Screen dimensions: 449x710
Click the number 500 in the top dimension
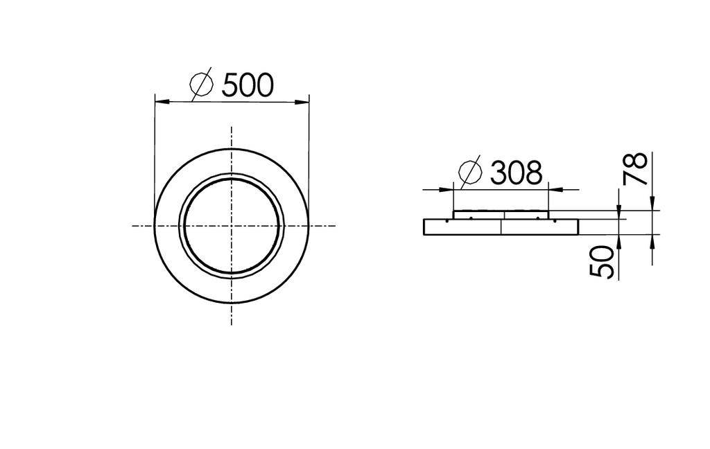coord(248,85)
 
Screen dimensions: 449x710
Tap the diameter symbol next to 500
coord(201,85)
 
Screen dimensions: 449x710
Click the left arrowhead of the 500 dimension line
coord(161,102)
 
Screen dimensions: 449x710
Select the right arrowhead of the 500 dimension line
coord(302,102)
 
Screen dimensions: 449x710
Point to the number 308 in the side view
coord(516,173)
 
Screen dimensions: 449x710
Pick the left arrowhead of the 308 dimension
coord(447,188)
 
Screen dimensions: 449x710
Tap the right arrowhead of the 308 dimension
coord(555,188)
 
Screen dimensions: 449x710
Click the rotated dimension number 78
coord(636,168)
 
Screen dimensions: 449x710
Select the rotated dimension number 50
coord(603,262)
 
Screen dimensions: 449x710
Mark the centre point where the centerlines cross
coord(231,225)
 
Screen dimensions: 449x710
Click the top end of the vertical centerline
coord(231,127)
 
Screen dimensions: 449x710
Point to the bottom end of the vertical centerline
coord(231,324)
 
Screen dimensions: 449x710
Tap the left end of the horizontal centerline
coord(133,225)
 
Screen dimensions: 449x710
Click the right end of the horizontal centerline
coord(335,225)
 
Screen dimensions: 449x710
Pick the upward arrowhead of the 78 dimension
coord(652,240)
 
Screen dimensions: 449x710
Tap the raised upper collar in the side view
coord(501,215)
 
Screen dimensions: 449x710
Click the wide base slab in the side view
coord(501,227)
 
